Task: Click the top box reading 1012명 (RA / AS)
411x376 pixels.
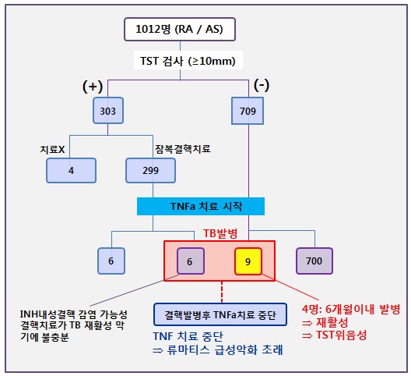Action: [x=180, y=29]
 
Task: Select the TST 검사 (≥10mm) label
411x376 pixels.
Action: [x=188, y=61]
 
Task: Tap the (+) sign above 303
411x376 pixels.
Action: [x=93, y=87]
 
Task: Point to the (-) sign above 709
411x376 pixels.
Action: [x=262, y=85]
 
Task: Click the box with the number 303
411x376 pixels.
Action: [x=108, y=111]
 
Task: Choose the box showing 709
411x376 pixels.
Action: [x=248, y=111]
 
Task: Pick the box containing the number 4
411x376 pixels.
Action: [x=71, y=170]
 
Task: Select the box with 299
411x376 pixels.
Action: [x=150, y=170]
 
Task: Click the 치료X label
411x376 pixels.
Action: [x=52, y=149]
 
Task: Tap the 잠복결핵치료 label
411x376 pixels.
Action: [x=182, y=149]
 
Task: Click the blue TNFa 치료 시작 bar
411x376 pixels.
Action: [x=201, y=206]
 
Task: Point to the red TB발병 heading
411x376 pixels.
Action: [x=220, y=233]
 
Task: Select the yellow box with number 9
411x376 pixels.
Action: [x=248, y=261]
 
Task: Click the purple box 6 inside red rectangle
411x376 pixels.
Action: [x=191, y=261]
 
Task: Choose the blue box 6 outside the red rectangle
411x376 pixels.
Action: [x=111, y=261]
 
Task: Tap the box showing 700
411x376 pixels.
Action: [x=314, y=261]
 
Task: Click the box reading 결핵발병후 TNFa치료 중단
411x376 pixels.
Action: [x=220, y=314]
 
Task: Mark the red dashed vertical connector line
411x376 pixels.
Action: [x=222, y=292]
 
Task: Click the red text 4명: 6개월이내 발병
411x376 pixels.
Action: [x=351, y=309]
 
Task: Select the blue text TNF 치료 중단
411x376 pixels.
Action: [x=188, y=336]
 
